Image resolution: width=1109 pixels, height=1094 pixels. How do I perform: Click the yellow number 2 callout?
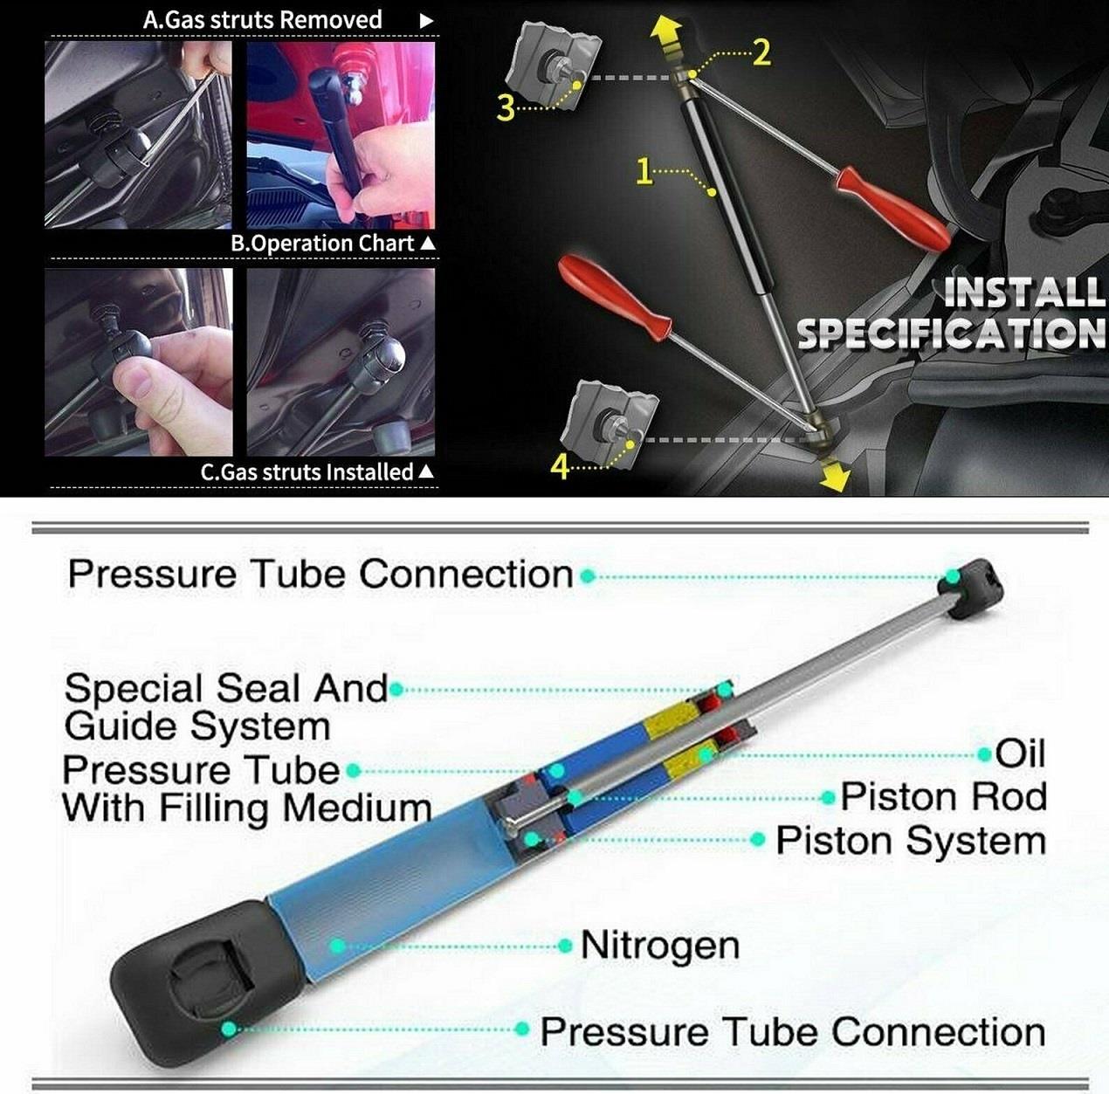coord(761,53)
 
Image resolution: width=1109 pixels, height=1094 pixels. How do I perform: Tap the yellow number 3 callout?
coord(506,107)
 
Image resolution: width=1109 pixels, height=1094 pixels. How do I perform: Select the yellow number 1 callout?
coord(644,171)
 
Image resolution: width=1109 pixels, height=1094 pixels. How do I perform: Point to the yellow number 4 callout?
coord(560,467)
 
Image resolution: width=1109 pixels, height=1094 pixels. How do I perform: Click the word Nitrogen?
coord(660,946)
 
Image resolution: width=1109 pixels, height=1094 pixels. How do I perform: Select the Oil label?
coord(1020,753)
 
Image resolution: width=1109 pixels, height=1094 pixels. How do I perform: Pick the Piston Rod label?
coord(944,797)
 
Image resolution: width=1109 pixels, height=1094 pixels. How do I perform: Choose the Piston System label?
coord(911,841)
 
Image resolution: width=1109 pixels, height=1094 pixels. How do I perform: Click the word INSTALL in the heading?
coord(1025,292)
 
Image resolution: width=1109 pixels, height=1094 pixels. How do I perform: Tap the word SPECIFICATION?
coord(951,334)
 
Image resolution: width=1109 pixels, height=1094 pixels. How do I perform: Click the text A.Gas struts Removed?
coord(263,20)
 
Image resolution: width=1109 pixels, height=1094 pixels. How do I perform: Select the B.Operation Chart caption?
coord(322,244)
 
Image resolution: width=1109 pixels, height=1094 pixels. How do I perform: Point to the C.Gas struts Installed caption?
coord(307,471)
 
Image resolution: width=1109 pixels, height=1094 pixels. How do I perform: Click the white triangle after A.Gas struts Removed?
coord(426,21)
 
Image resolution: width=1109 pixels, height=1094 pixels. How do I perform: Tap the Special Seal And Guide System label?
coord(226,706)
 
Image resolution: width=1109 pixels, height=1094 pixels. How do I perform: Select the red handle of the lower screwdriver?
coord(615,299)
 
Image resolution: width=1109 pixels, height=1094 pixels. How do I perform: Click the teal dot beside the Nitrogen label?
coord(565,946)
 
